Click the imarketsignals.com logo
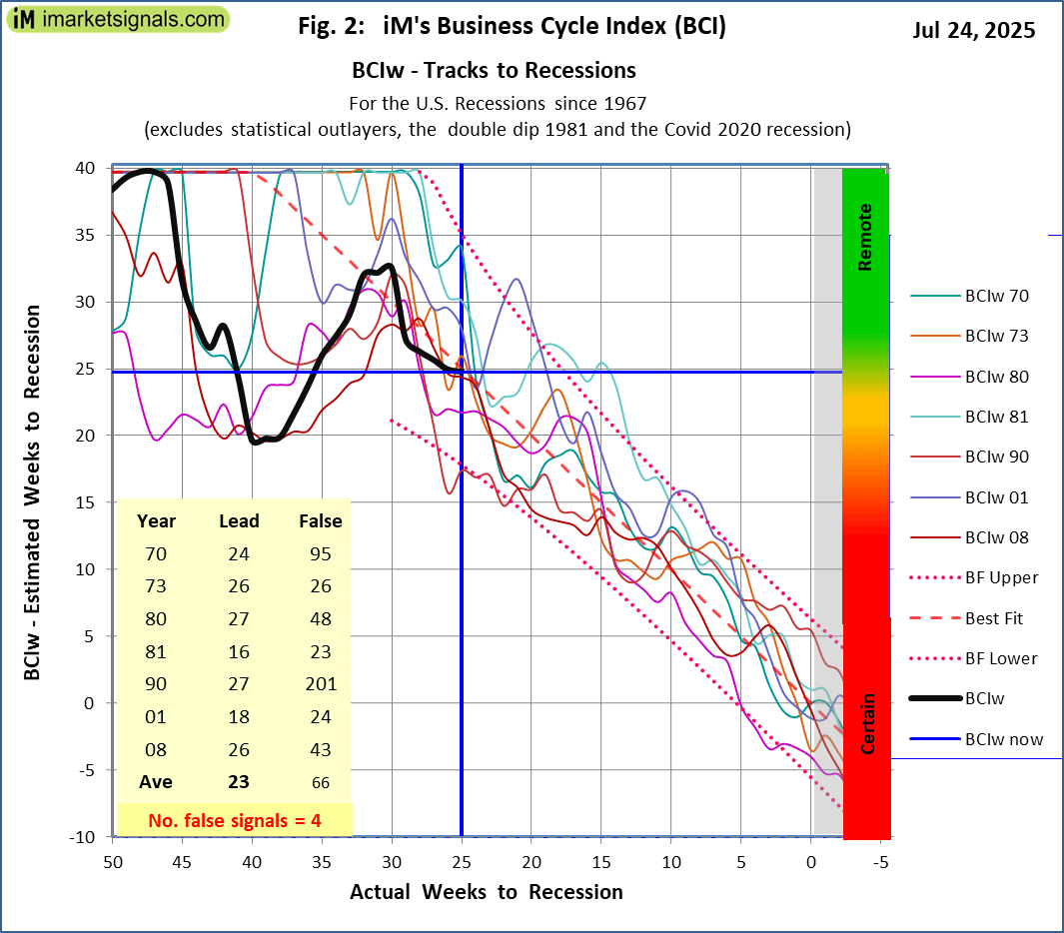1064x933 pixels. [118, 19]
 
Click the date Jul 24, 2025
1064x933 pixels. [973, 30]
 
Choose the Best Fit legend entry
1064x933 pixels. [994, 618]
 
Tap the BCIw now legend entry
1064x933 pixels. [1003, 739]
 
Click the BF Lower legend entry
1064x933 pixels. [1001, 658]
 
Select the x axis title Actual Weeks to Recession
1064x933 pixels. [486, 892]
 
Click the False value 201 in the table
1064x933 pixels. [320, 684]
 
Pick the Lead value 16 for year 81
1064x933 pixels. [239, 651]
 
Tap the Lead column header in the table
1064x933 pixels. [239, 520]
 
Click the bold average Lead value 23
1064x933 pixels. [239, 782]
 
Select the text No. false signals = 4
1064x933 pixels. [235, 820]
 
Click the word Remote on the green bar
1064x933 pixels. [865, 237]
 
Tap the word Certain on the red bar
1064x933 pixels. [868, 723]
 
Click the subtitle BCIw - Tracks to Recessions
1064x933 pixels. [494, 71]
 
